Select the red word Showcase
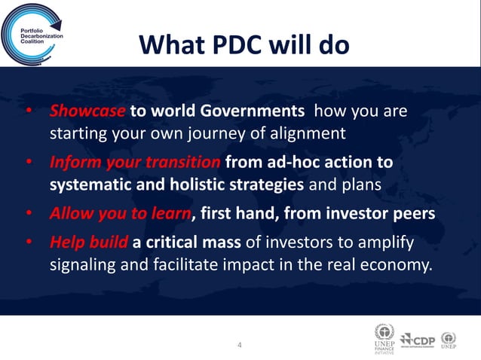87,112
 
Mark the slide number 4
240,345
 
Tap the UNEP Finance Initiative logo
384,337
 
